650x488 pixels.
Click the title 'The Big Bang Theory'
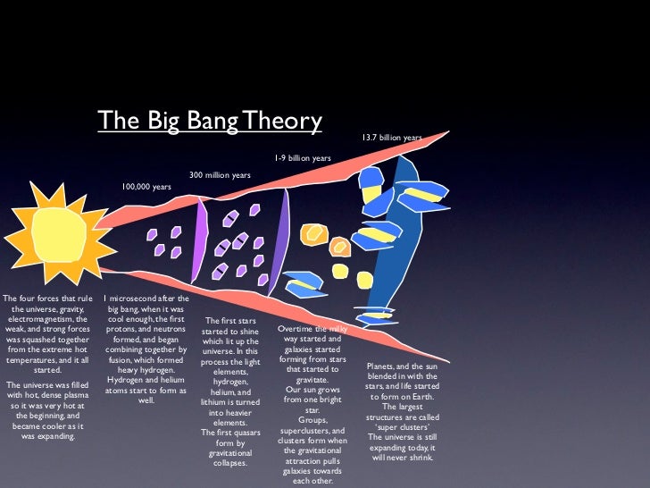pyautogui.click(x=209, y=120)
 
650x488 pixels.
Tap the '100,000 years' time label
pyautogui.click(x=146, y=187)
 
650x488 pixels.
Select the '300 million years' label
pyautogui.click(x=220, y=175)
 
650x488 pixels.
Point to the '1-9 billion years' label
pyautogui.click(x=303, y=158)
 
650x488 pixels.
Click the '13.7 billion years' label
pyautogui.click(x=391, y=139)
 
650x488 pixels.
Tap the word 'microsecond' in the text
pyautogui.click(x=136, y=299)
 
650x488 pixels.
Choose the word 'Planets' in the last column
pyautogui.click(x=383, y=366)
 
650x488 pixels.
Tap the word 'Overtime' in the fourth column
pyautogui.click(x=297, y=329)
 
